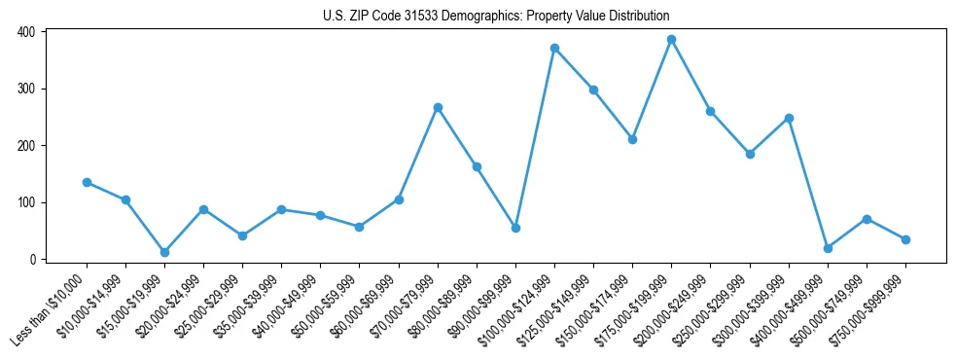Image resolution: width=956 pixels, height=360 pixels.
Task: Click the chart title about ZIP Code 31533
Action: coord(496,16)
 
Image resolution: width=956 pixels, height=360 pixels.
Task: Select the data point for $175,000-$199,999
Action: coord(672,40)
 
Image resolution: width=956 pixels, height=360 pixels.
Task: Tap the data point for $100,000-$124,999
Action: coord(554,48)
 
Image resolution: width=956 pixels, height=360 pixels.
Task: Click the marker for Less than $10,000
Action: coord(87,182)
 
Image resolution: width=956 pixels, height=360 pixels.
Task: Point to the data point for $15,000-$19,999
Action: coord(164,252)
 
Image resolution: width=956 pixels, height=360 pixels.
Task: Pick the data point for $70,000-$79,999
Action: coord(438,107)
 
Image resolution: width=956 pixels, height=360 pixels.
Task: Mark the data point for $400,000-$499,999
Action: coord(828,248)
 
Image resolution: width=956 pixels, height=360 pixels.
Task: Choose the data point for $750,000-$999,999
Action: coord(905,239)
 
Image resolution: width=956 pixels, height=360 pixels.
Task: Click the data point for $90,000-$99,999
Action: coord(515,228)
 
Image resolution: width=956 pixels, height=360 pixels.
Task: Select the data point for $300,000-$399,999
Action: coord(789,118)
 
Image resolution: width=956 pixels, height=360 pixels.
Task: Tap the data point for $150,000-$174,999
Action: coord(632,139)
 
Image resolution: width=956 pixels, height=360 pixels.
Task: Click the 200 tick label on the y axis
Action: coord(26,146)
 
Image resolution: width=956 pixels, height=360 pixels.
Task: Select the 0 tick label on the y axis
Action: coord(32,260)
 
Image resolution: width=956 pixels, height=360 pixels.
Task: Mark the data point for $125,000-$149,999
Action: coord(593,90)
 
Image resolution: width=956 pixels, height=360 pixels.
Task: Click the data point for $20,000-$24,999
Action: coord(203,209)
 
